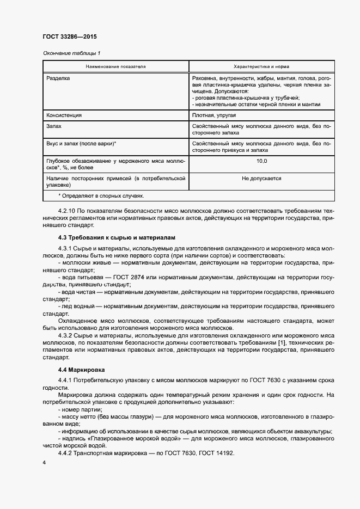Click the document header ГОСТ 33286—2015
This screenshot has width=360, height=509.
point(69,37)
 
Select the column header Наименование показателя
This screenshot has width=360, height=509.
point(115,66)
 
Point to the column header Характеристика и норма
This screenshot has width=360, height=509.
point(261,66)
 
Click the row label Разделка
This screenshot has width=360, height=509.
point(59,78)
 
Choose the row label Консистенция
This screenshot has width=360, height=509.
point(64,115)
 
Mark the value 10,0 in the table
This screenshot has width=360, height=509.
point(261,162)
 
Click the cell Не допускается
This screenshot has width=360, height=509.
point(261,178)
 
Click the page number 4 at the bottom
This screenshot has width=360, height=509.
point(44,463)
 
